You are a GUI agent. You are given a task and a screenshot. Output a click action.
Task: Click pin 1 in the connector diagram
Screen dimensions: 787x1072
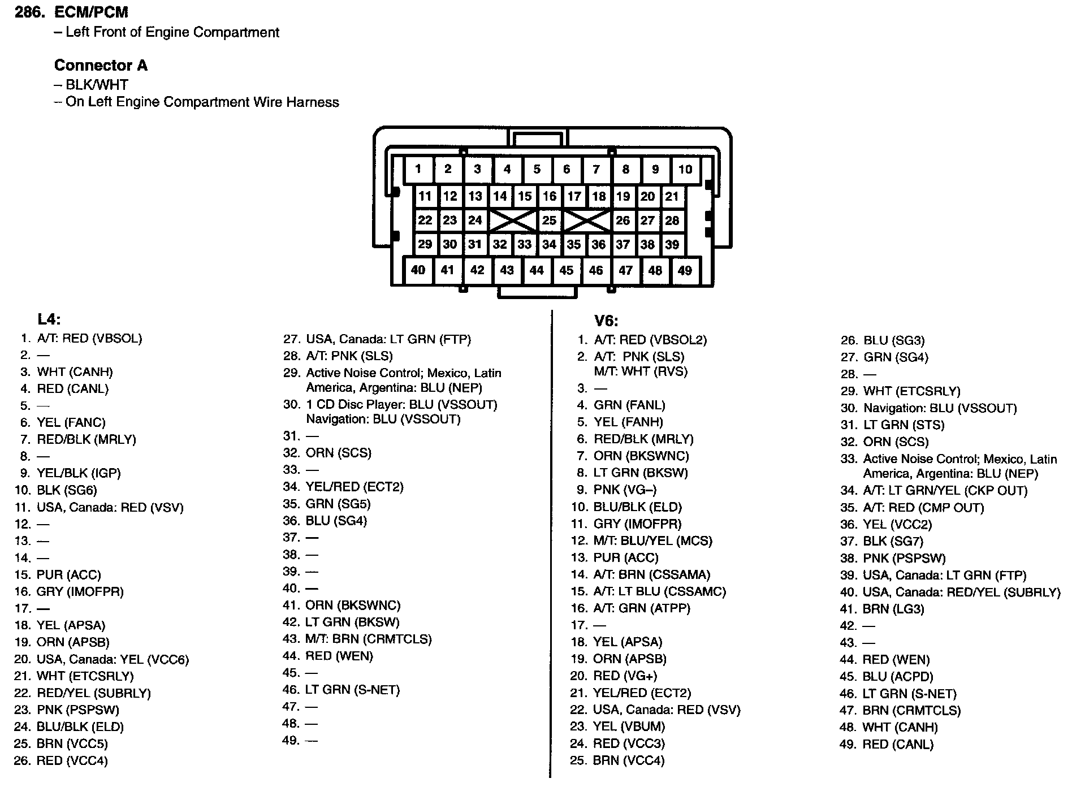[x=418, y=169]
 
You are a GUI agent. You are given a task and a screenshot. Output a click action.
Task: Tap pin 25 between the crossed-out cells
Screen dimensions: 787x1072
[x=549, y=220]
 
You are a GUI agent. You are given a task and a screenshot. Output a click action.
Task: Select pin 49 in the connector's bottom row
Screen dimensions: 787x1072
[x=685, y=270]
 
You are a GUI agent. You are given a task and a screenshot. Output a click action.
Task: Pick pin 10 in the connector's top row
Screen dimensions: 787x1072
[x=685, y=169]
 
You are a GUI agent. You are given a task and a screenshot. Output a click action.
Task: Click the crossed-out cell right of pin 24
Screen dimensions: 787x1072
[x=512, y=220]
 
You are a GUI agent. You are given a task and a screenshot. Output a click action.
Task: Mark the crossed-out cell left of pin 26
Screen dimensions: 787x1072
[x=587, y=220]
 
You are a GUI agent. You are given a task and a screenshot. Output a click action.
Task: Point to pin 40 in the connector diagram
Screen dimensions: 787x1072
[x=418, y=270]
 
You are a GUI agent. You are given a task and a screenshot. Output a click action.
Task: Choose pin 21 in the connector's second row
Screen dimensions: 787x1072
[x=672, y=196]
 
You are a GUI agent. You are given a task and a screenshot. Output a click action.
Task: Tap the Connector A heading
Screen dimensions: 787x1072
[x=101, y=66]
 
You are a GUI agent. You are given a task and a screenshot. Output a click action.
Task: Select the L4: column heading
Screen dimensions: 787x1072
[x=49, y=319]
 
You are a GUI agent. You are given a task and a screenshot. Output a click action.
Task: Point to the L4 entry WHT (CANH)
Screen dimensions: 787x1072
[x=75, y=372]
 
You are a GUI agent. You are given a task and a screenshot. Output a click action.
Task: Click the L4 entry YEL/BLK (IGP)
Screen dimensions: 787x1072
[x=79, y=473]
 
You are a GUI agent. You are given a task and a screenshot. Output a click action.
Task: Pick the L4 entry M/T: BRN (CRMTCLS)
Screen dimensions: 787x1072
[x=368, y=639]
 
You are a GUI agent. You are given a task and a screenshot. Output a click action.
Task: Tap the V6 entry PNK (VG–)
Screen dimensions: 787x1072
[x=625, y=490]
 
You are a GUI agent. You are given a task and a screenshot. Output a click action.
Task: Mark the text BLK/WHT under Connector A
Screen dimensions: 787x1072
[x=97, y=85]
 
